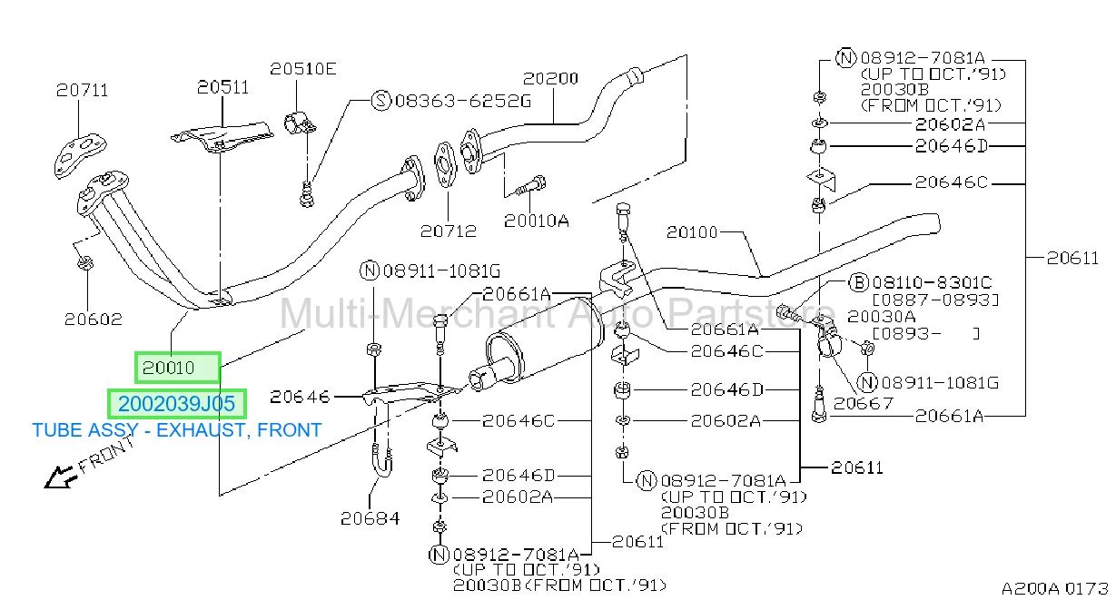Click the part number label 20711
click(82, 90)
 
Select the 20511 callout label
click(222, 87)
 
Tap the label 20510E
click(303, 69)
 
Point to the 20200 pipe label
click(550, 78)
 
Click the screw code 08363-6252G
click(463, 101)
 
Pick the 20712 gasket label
click(449, 231)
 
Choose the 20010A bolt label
click(536, 221)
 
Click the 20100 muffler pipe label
click(692, 232)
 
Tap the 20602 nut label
click(94, 319)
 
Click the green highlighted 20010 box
click(177, 368)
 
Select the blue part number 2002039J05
click(176, 404)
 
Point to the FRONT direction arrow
click(61, 477)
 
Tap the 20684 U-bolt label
click(370, 518)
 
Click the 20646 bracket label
click(300, 397)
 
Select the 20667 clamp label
click(864, 403)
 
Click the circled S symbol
click(381, 101)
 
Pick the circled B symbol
click(858, 283)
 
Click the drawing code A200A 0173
click(1055, 588)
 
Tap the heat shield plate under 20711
click(80, 154)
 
